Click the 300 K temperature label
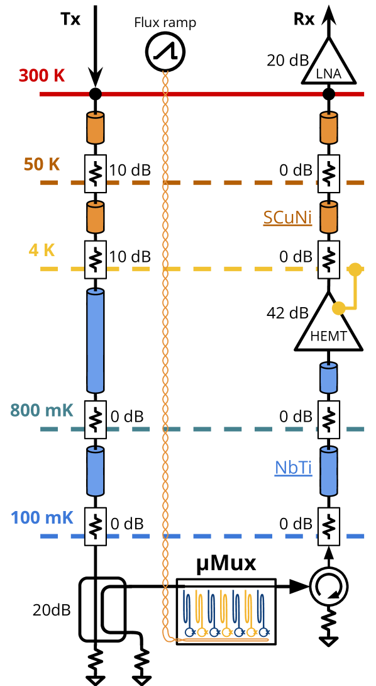[41, 76]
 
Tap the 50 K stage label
[41, 164]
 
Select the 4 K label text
[41, 250]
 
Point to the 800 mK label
[41, 410]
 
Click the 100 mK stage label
[41, 518]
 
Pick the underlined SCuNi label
[287, 217]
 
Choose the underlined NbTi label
[293, 468]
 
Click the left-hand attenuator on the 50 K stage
[96, 174]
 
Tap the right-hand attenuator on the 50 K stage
[329, 174]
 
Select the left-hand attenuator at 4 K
[96, 259]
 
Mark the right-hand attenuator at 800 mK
[329, 420]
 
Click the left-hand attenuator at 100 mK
[96, 527]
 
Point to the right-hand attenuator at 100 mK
[329, 527]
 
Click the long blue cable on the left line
[96, 340]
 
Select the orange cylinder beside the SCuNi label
[329, 217]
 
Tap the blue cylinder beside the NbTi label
[329, 471]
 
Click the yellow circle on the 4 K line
[355, 269]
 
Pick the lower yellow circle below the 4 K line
[339, 308]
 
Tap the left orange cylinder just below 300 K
[96, 128]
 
